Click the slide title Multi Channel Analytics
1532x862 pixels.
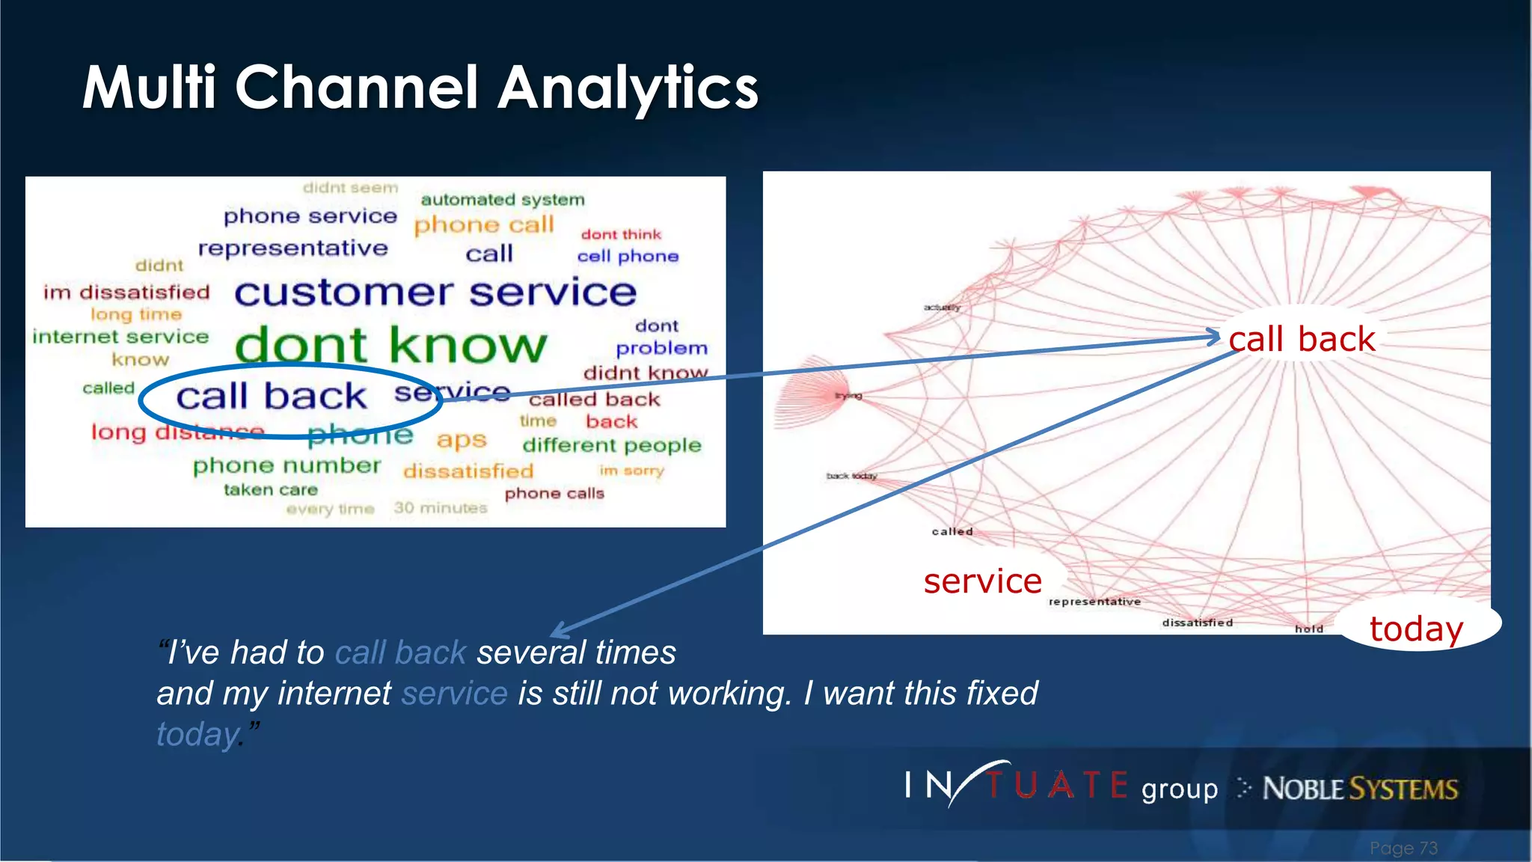pos(420,88)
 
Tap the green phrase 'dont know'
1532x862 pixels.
pos(390,346)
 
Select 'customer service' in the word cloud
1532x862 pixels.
pos(435,292)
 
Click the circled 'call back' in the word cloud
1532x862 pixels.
pos(272,397)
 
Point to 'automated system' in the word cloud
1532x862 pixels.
pos(503,200)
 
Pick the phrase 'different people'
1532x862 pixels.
pos(612,445)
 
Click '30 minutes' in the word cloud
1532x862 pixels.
pos(441,508)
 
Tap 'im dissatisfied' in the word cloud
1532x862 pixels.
pos(126,293)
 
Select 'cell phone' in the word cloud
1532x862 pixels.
pos(628,257)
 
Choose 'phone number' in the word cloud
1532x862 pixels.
pos(287,466)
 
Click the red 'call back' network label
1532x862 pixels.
pos(1302,340)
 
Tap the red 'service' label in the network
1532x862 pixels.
pos(982,581)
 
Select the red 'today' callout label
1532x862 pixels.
pos(1416,628)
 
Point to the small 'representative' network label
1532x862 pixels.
pos(1094,602)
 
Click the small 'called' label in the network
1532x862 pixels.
pos(952,531)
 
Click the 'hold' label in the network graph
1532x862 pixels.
pos(1309,629)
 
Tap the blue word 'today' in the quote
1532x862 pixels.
pos(197,734)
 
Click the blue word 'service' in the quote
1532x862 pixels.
pos(454,693)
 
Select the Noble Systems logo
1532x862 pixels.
pos(1359,789)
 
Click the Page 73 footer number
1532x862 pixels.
pos(1403,848)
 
